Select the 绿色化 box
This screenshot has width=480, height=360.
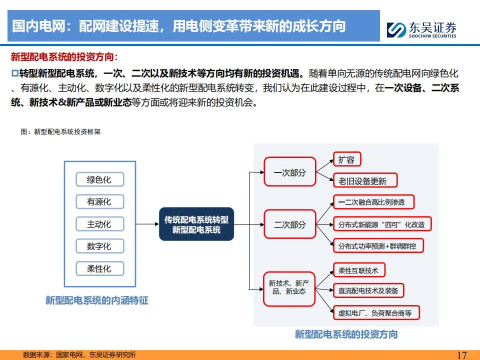[x=99, y=180]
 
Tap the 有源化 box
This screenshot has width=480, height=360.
[x=99, y=202]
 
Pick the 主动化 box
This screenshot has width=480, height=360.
[x=99, y=224]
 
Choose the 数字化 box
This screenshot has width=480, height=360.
[x=99, y=246]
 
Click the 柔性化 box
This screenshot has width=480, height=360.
[x=99, y=269]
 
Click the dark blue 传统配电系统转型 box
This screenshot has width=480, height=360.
[x=196, y=224]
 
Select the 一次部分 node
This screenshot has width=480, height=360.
[x=289, y=173]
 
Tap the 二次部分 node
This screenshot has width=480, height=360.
[x=289, y=224]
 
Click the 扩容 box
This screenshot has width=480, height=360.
[x=346, y=160]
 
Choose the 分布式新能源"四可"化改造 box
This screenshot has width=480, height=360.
[x=381, y=224]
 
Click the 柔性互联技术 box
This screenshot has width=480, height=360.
[x=358, y=271]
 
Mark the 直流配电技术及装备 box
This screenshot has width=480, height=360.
[x=368, y=290]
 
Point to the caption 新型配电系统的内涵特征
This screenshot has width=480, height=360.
[x=97, y=300]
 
